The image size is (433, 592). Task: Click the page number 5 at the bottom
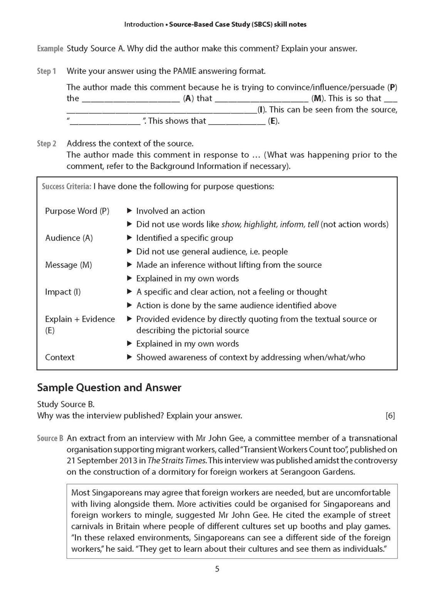click(x=217, y=569)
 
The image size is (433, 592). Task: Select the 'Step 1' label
click(x=47, y=71)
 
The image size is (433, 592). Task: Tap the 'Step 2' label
click(x=47, y=144)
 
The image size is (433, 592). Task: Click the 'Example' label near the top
click(x=50, y=49)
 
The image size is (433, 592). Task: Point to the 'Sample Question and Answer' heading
click(x=109, y=387)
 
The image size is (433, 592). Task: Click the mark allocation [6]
click(x=390, y=416)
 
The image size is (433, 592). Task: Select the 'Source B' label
click(x=50, y=438)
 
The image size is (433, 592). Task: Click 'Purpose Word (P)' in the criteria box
click(x=77, y=211)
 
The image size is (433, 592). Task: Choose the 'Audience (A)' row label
click(x=69, y=238)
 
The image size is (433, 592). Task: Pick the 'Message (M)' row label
click(x=69, y=265)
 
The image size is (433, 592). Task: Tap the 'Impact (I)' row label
click(x=63, y=292)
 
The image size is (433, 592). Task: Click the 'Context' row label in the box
click(x=60, y=357)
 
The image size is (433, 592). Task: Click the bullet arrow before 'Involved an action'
click(x=129, y=211)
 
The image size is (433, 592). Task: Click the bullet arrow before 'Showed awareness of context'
click(x=129, y=357)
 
